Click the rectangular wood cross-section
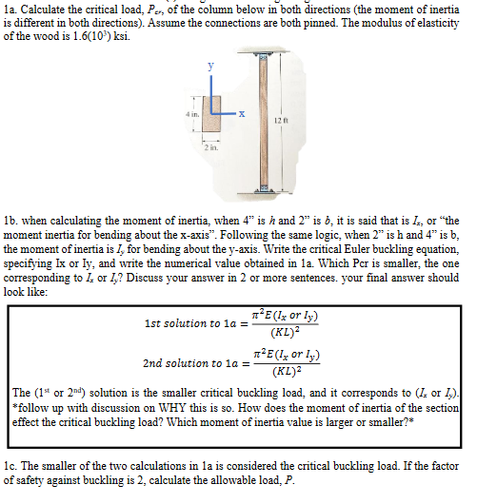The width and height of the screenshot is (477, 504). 211,106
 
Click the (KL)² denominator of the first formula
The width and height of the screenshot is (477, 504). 281,332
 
